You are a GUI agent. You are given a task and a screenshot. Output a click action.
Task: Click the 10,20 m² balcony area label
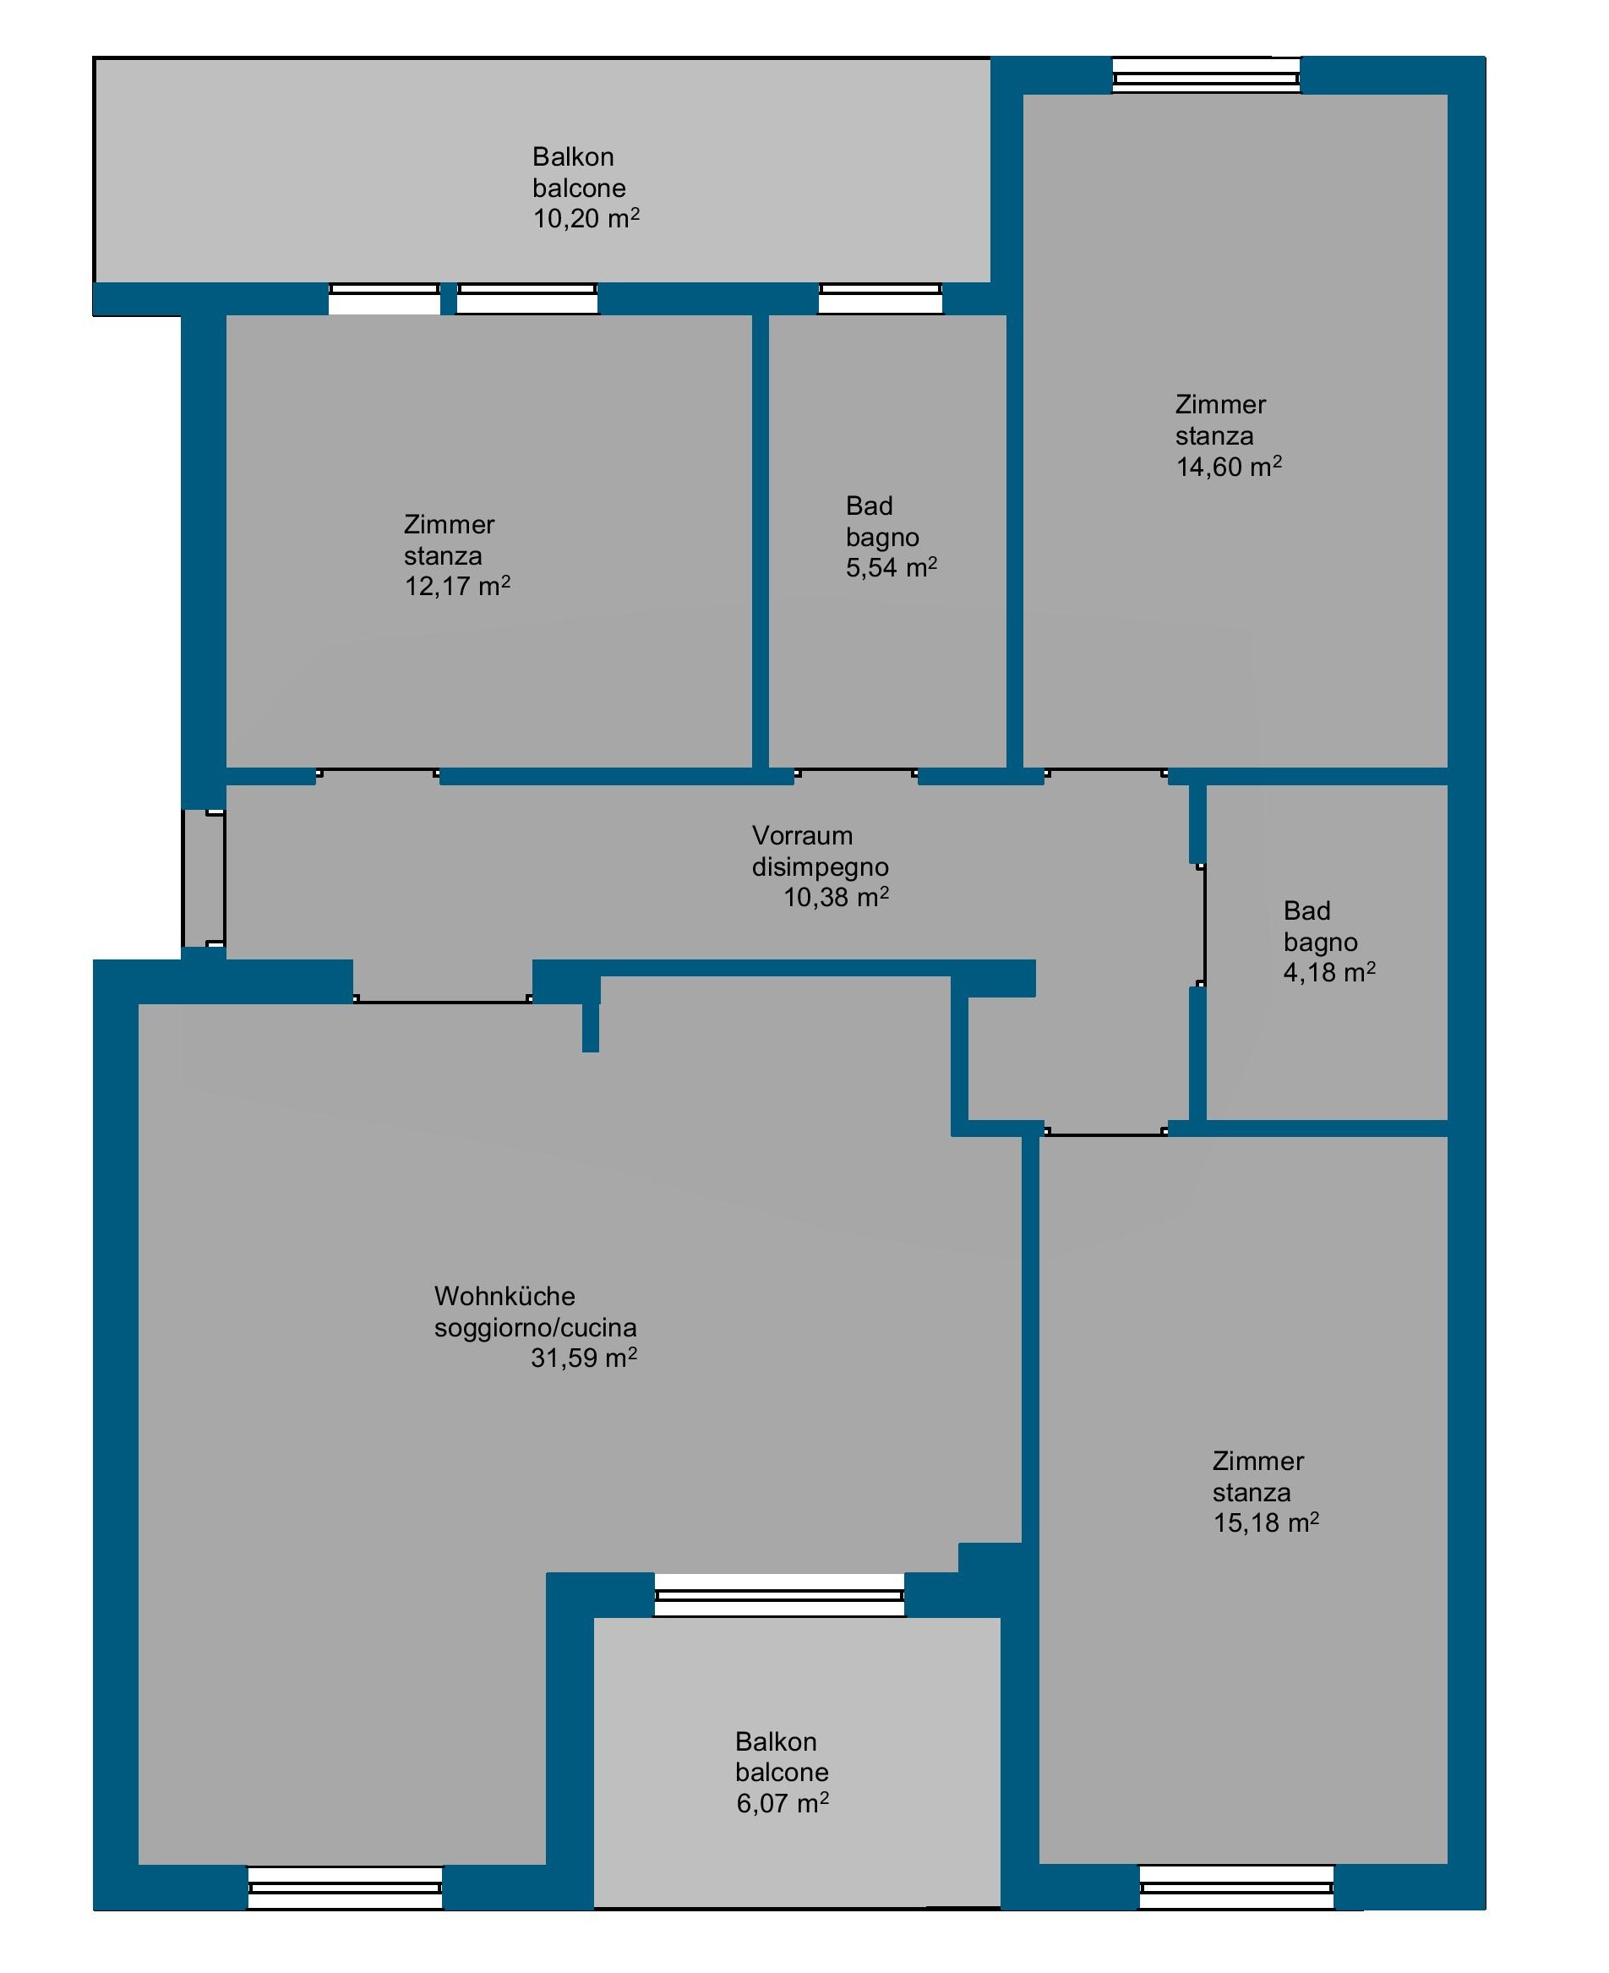click(586, 219)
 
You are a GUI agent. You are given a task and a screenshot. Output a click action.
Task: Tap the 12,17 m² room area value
click(457, 587)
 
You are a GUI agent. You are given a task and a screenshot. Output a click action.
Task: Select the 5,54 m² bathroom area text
click(892, 567)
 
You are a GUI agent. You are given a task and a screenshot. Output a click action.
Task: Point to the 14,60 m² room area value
click(1229, 467)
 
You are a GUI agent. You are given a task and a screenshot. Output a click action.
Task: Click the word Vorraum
click(802, 835)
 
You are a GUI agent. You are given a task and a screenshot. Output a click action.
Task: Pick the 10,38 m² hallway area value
click(836, 898)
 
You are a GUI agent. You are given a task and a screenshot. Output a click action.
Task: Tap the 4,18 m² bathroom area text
click(1329, 973)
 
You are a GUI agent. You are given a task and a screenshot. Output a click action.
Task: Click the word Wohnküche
click(505, 1296)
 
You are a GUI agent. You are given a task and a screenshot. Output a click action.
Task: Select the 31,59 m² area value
click(584, 1358)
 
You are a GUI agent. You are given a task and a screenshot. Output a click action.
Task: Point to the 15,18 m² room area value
click(1266, 1523)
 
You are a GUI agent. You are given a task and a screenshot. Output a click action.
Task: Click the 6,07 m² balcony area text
click(783, 1803)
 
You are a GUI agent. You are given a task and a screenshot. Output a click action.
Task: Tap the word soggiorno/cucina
click(535, 1328)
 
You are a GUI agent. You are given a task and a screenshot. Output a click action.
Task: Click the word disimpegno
click(821, 867)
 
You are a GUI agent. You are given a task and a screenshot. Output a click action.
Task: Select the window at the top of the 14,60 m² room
click(1206, 76)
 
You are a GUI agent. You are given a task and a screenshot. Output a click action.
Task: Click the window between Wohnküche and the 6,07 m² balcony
click(779, 1595)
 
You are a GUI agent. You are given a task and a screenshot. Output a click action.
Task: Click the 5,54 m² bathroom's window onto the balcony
click(881, 298)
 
